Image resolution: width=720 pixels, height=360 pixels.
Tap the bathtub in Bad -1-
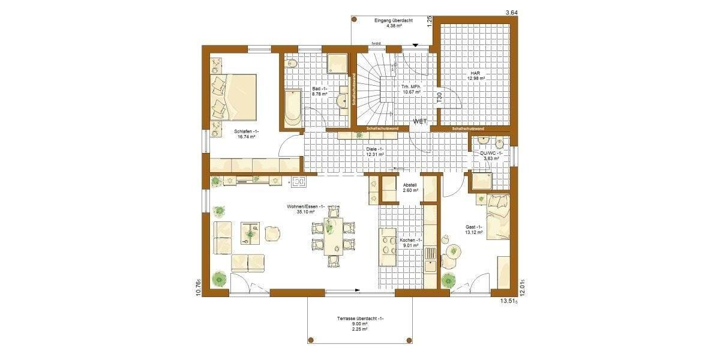[293, 108]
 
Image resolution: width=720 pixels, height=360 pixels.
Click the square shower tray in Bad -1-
[335, 63]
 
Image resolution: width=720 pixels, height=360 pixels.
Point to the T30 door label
[439, 98]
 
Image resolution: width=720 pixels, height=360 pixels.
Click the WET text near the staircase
[420, 121]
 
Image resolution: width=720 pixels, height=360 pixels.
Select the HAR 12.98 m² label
[478, 76]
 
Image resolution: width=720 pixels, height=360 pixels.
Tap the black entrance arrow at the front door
[415, 45]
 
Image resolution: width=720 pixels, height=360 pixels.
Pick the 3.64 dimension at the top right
[511, 12]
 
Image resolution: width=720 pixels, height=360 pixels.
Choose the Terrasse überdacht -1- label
[361, 319]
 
